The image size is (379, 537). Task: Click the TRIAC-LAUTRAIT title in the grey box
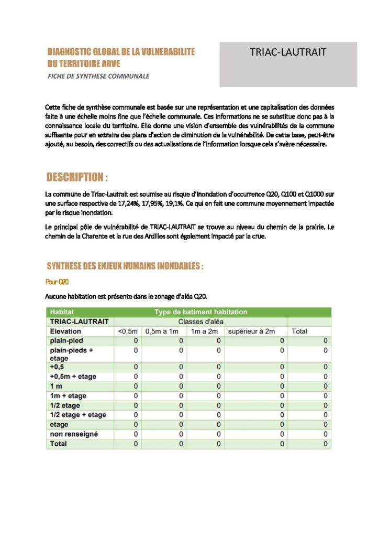tap(288, 52)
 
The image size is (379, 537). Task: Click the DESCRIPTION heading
tap(77, 176)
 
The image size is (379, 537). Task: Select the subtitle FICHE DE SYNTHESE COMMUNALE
tap(98, 76)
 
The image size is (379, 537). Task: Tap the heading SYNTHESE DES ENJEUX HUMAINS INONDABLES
tap(125, 266)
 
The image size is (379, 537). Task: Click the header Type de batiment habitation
tap(200, 312)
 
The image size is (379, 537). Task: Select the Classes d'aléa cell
tap(200, 321)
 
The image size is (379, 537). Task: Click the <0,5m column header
tap(127, 331)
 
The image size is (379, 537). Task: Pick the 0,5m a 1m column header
tap(162, 331)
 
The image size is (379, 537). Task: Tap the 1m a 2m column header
tap(205, 331)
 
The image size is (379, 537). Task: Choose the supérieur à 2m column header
tap(251, 331)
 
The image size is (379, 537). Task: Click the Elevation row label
tap(65, 331)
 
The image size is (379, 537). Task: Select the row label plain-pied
tap(66, 341)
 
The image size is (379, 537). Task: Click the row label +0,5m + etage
tap(73, 377)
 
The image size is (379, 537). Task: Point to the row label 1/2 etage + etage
tap(77, 415)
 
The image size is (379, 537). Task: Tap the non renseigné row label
tap(73, 434)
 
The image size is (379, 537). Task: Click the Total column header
tap(299, 331)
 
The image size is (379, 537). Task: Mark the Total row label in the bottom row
tap(58, 444)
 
